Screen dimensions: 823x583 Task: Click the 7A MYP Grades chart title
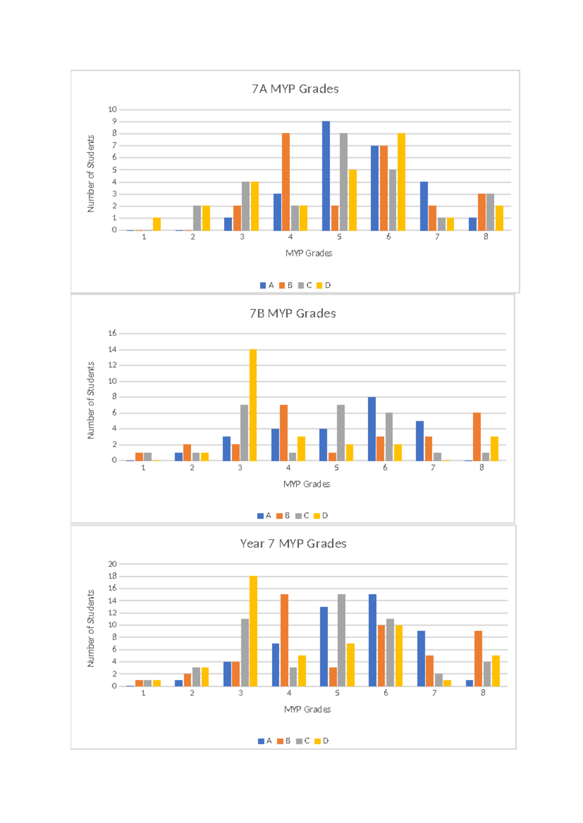pyautogui.click(x=295, y=89)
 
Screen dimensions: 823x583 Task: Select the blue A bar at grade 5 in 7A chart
pyautogui.click(x=326, y=176)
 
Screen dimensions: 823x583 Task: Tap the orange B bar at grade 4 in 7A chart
pyautogui.click(x=286, y=182)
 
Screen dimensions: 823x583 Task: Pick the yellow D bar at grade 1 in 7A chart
pyautogui.click(x=156, y=224)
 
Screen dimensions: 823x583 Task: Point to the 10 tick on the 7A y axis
pyautogui.click(x=112, y=109)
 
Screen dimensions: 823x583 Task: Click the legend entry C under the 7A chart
pyautogui.click(x=305, y=285)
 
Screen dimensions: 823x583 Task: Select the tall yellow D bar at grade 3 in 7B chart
pyautogui.click(x=253, y=405)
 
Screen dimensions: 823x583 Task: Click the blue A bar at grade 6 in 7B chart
pyautogui.click(x=372, y=429)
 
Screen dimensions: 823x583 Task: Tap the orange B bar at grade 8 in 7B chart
pyautogui.click(x=477, y=437)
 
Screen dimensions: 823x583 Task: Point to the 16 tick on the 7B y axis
pyautogui.click(x=112, y=333)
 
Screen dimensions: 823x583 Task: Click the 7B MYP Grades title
pyautogui.click(x=292, y=313)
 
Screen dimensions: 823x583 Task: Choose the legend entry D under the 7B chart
pyautogui.click(x=321, y=515)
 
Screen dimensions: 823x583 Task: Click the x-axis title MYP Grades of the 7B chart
pyautogui.click(x=307, y=484)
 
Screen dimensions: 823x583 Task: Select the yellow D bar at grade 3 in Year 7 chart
pyautogui.click(x=253, y=631)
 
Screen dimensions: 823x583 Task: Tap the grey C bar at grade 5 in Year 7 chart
pyautogui.click(x=342, y=640)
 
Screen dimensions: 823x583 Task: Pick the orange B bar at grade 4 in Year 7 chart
pyautogui.click(x=284, y=640)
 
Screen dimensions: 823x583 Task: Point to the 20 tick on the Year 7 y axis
pyautogui.click(x=112, y=564)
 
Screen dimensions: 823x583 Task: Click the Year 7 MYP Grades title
pyautogui.click(x=293, y=543)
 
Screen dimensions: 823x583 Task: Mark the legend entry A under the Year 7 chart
pyautogui.click(x=265, y=741)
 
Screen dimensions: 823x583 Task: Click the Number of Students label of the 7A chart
pyautogui.click(x=90, y=174)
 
